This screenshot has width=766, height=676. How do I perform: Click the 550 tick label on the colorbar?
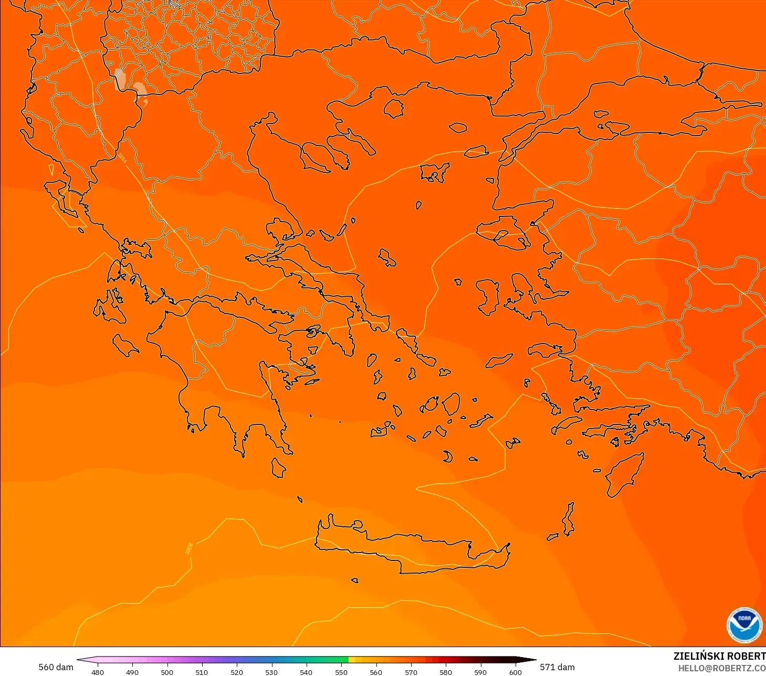point(341,672)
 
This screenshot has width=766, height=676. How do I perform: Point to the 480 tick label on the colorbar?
point(97,672)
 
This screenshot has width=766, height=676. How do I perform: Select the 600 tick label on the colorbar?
point(516,672)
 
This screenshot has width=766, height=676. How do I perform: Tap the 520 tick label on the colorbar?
point(237,672)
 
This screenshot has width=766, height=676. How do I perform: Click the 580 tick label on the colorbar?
point(446,672)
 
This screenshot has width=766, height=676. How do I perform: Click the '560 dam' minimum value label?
point(56,667)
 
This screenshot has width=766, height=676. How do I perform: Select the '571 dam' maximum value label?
point(557,667)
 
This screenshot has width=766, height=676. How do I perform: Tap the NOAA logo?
point(744,625)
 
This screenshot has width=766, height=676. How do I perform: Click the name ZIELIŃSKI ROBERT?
point(719,656)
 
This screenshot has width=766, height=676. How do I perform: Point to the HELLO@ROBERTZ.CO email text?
point(721,668)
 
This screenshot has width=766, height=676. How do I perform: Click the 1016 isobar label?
point(122,158)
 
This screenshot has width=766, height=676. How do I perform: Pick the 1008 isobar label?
point(189,548)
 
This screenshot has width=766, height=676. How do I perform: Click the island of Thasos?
point(394,109)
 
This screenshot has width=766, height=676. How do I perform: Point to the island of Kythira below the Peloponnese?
point(278,467)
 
